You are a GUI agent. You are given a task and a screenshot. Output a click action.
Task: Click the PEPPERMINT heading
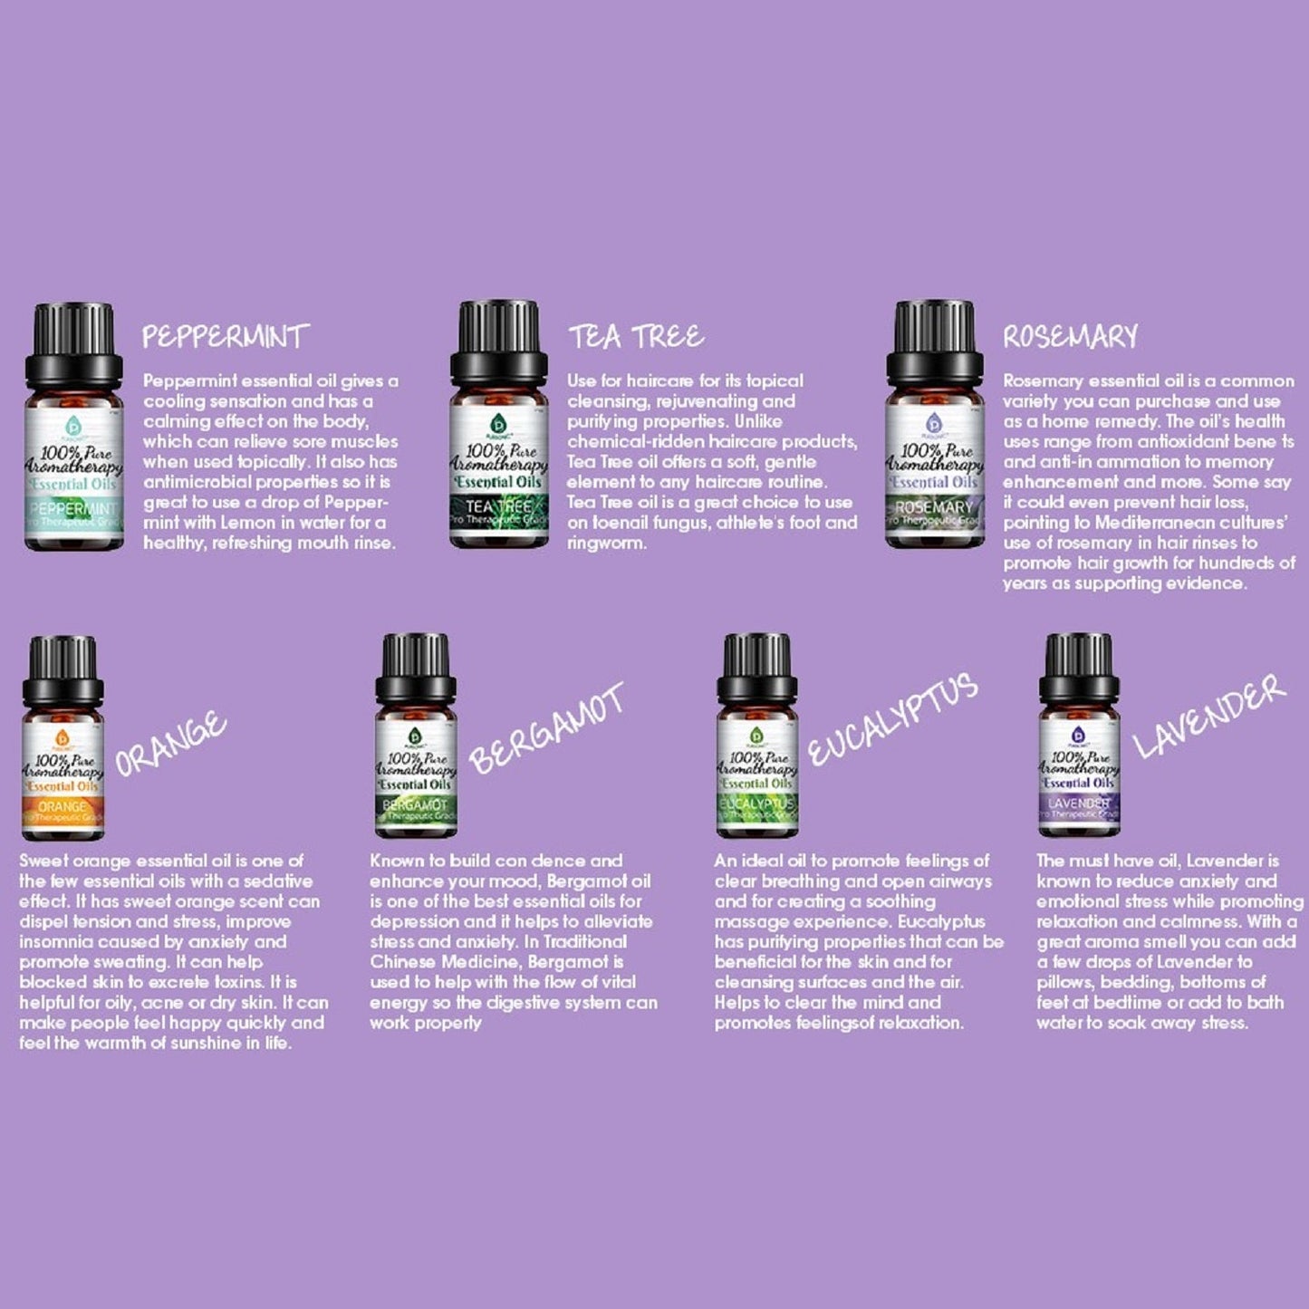point(226,337)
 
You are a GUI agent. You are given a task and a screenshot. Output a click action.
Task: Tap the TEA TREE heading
point(636,337)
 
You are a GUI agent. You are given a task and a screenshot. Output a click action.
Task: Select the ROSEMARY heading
point(1070,337)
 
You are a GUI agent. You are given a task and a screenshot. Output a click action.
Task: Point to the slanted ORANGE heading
point(170,744)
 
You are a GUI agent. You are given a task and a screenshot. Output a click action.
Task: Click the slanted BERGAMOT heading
point(546,728)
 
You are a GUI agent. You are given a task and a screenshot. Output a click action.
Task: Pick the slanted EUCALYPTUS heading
point(892,720)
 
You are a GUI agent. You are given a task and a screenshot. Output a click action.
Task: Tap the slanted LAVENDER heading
point(1209,716)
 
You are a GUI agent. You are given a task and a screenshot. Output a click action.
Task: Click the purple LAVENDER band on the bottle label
point(1079,804)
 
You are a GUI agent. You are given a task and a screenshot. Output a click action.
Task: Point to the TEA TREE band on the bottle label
point(498,507)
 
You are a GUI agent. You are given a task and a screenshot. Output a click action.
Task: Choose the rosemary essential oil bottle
point(934,426)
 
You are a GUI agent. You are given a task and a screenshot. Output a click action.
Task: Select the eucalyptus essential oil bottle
point(757,736)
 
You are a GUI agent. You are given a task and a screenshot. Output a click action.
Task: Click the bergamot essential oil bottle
point(416,736)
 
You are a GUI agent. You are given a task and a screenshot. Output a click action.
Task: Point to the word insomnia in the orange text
point(55,942)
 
